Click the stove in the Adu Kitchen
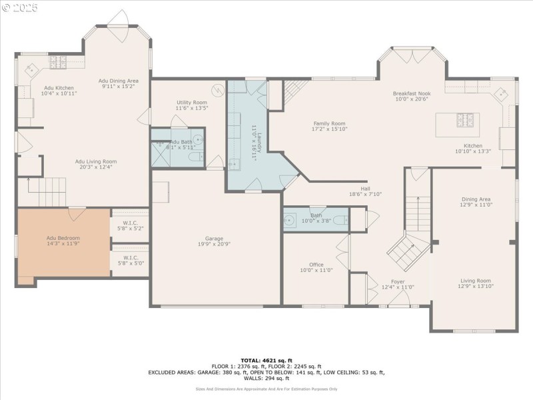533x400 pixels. coord(57,63)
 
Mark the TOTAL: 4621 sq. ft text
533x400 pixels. coord(266,361)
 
